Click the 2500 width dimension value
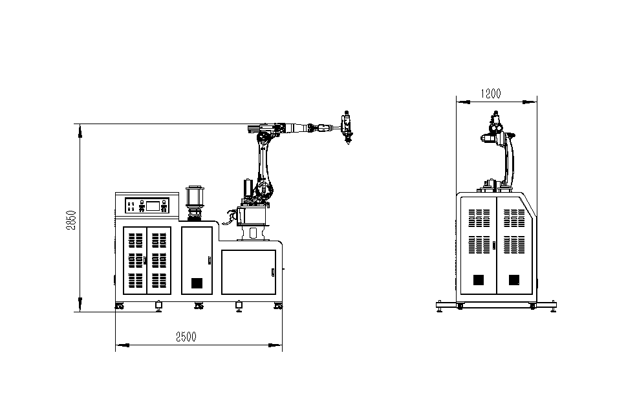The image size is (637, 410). tap(185, 337)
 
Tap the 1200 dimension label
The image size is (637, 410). tap(490, 93)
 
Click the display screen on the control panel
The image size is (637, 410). tap(153, 206)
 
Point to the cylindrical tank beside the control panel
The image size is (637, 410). tap(195, 198)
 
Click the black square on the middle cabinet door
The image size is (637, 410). tap(197, 283)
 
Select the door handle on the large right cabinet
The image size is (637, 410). tap(272, 271)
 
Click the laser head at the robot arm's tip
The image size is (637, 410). tap(347, 128)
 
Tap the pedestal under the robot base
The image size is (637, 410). tap(253, 232)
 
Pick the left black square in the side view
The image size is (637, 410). tap(478, 279)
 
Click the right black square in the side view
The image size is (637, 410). tap(513, 279)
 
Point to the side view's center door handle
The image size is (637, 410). tap(493, 244)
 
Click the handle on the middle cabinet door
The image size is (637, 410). tap(209, 260)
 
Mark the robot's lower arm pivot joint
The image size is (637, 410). tap(263, 189)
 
